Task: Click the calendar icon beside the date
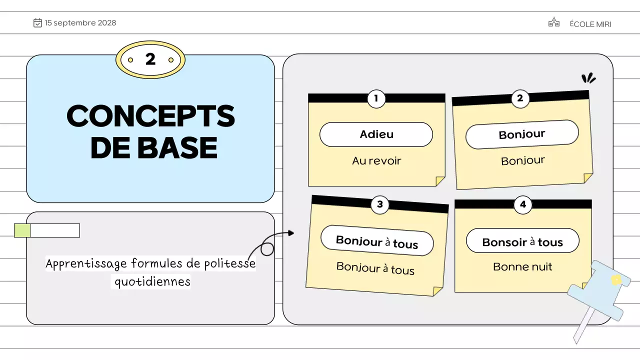coord(37,23)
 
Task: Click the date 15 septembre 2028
coord(80,23)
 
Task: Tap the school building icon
coord(553,22)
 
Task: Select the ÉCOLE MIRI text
coord(590,24)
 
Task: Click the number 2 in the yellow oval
coord(150,59)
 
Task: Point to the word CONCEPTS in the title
coord(150,116)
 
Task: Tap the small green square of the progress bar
coord(22,230)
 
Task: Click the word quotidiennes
coord(152,281)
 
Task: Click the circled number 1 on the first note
coord(376,98)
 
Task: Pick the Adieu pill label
coord(376,134)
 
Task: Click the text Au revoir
coord(376,160)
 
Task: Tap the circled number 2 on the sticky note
coord(520,98)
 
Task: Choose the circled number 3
coord(380,204)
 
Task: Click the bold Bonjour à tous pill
coord(377,241)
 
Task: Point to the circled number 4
coord(523,204)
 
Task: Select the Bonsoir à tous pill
coord(522,242)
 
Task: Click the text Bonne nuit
coord(522,266)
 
